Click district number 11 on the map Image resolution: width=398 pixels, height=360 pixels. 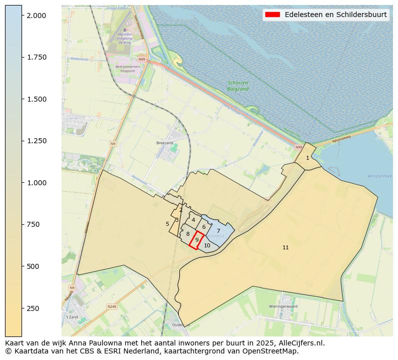285,247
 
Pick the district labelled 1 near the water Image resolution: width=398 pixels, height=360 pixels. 307,158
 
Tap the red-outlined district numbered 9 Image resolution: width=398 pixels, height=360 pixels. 197,240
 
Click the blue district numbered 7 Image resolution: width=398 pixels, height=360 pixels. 218,231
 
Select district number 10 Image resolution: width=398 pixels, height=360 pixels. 207,245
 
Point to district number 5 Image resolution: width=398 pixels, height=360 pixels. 167,224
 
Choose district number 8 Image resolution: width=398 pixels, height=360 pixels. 188,234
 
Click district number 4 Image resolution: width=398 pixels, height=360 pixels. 193,220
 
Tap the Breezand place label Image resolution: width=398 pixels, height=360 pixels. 164,143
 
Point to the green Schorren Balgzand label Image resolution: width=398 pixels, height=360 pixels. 238,86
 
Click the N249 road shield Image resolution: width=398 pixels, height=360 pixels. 111,306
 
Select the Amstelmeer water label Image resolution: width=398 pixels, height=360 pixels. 380,176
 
